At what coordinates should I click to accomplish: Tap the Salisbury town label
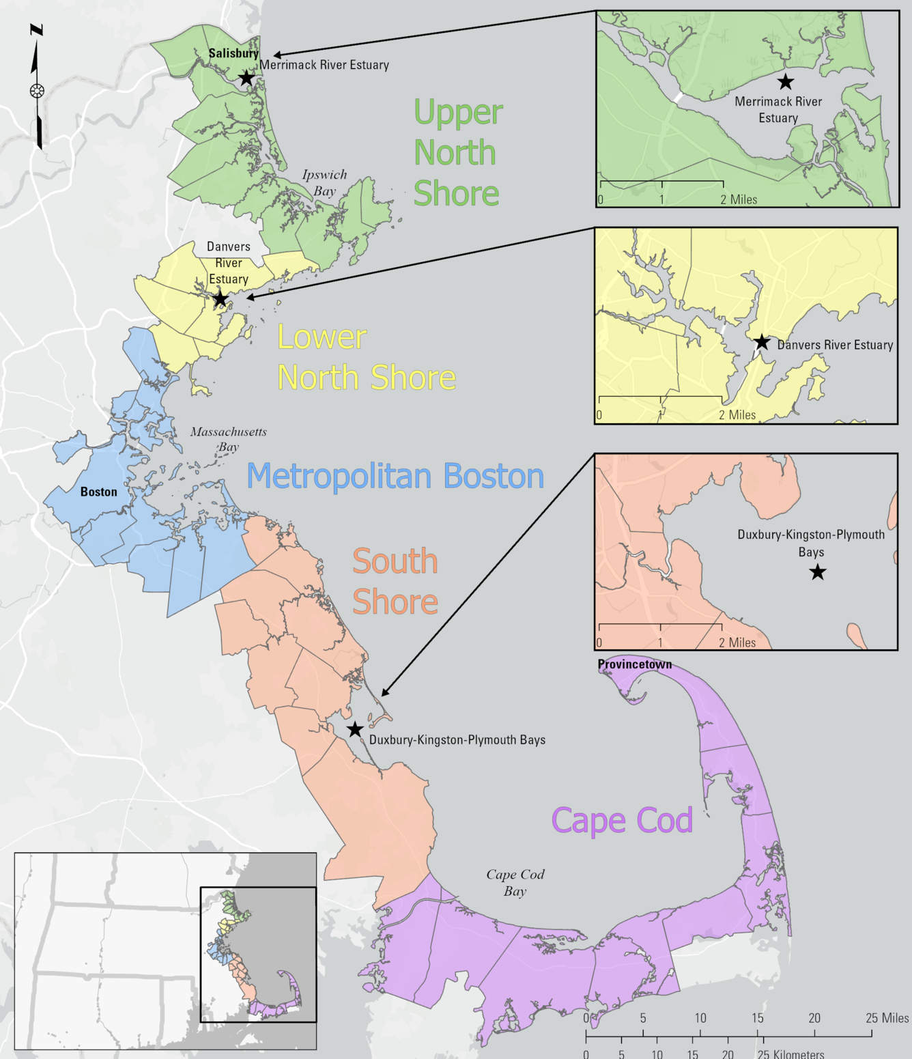click(233, 53)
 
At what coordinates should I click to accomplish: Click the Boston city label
click(99, 492)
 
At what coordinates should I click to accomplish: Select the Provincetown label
click(635, 664)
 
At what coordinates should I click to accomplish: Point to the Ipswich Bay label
click(324, 183)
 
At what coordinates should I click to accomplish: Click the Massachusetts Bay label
click(228, 439)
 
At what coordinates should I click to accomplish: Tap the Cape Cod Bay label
click(515, 882)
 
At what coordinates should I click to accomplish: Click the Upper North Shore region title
click(457, 152)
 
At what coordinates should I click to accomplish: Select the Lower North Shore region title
click(366, 357)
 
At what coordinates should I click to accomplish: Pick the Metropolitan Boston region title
click(395, 476)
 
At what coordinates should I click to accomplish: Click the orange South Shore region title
click(395, 581)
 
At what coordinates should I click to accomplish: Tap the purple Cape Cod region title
click(622, 820)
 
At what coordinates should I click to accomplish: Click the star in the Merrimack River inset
click(786, 82)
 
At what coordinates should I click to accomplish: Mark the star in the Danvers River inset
click(762, 342)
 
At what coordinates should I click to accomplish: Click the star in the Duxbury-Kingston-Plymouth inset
click(818, 572)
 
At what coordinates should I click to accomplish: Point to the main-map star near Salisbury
click(246, 78)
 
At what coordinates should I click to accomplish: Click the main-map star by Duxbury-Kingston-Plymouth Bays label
click(354, 729)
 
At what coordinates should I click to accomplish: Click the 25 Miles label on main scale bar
click(887, 1018)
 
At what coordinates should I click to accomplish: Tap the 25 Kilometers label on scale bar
click(790, 1054)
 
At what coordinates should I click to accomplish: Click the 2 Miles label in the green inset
click(739, 199)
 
